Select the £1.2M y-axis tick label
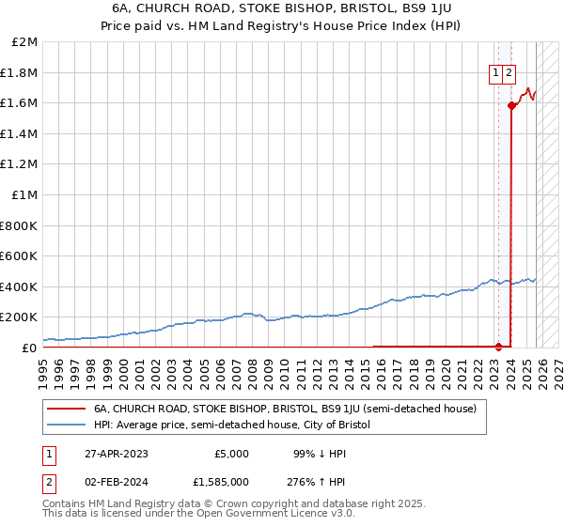coord(20,164)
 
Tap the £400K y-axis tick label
coord(19,286)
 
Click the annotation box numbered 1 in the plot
coord(495,74)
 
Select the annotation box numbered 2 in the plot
coord(509,74)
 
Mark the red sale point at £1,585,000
coord(511,106)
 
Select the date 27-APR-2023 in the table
coord(116,453)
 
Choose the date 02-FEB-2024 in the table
coord(116,483)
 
